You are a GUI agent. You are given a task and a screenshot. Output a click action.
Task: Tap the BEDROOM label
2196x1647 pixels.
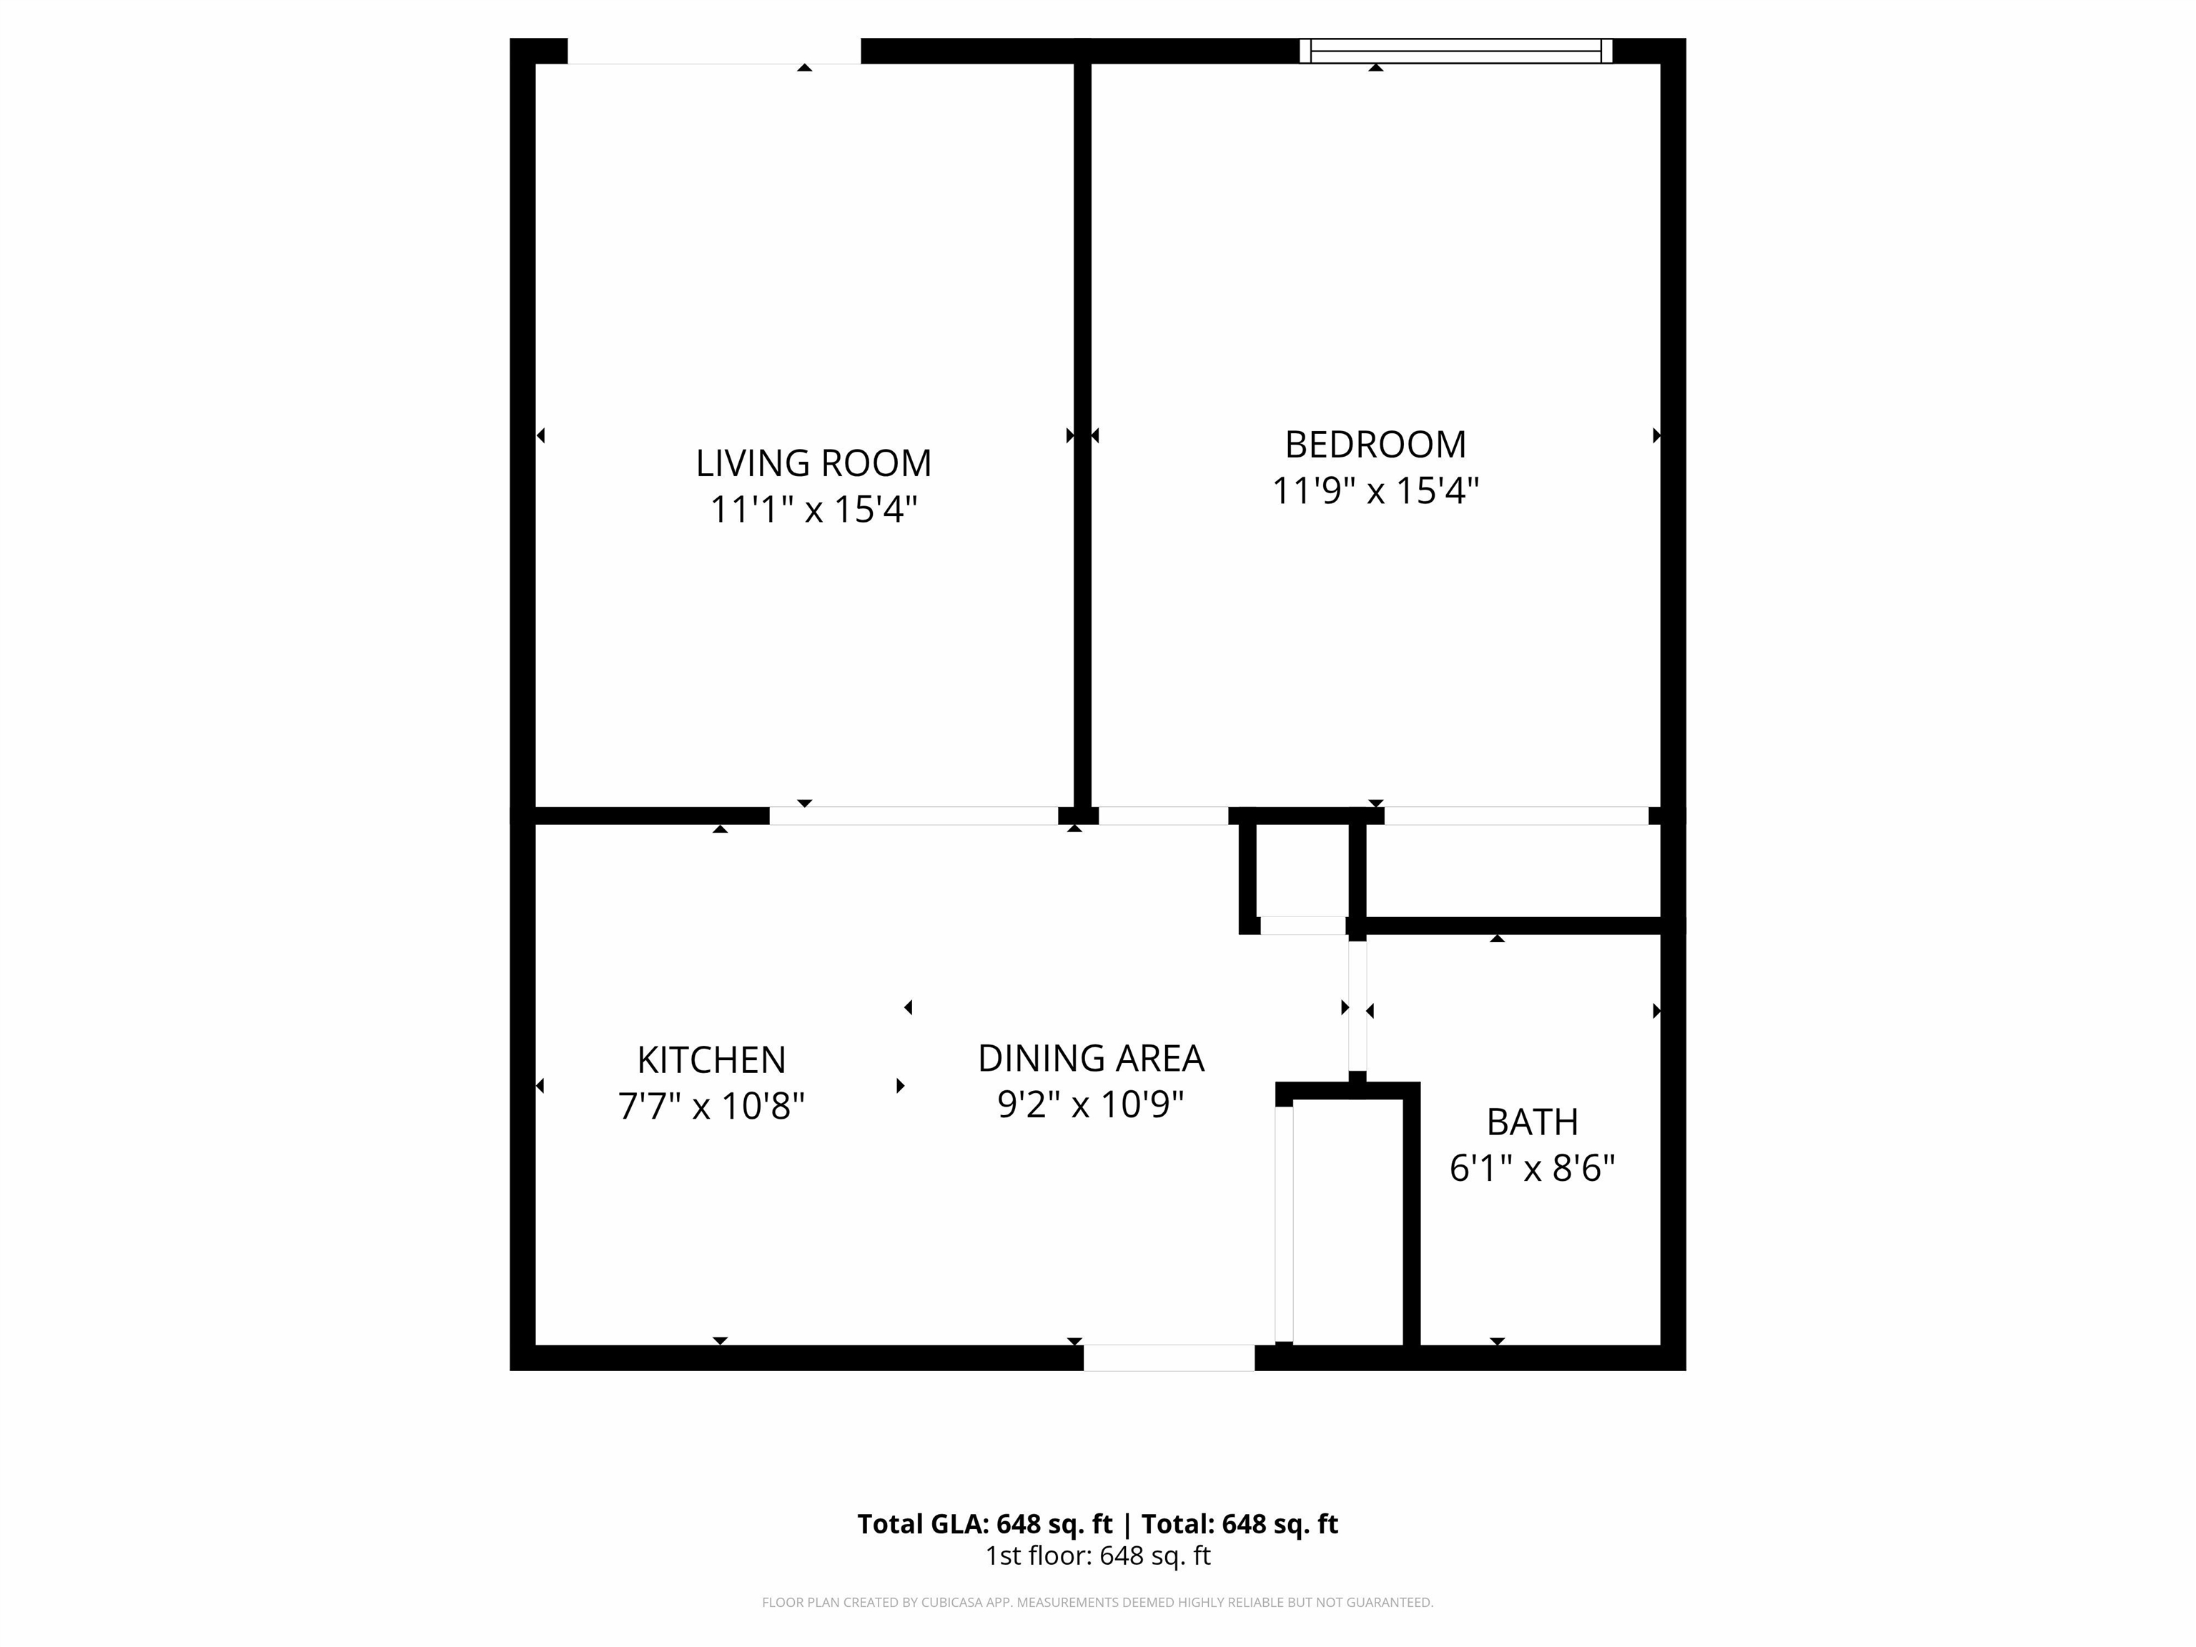point(1375,445)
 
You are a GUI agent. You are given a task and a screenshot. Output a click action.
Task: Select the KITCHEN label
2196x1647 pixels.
point(711,1060)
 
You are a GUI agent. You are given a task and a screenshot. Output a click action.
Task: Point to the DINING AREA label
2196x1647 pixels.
point(1090,1058)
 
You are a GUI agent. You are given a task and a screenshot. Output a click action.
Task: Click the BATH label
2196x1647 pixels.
point(1532,1122)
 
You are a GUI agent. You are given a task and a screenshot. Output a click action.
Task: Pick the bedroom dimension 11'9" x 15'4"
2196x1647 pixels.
point(1375,490)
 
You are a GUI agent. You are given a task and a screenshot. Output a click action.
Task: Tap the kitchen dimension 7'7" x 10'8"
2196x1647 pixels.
point(711,1106)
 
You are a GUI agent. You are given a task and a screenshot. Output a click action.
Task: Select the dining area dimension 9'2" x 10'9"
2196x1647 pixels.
point(1090,1104)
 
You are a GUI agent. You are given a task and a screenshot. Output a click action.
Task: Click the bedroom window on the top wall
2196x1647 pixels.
point(1455,51)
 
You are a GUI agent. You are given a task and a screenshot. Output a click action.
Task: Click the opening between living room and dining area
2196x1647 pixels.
point(914,816)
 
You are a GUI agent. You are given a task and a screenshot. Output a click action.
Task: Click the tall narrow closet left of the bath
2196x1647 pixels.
point(1347,1221)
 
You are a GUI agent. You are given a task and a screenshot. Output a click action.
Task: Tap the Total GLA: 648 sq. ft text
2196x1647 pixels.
point(985,1524)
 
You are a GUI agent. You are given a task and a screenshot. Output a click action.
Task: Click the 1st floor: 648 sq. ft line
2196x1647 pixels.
point(1097,1555)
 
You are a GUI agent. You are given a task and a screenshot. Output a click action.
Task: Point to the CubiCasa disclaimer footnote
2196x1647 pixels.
point(1097,1603)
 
